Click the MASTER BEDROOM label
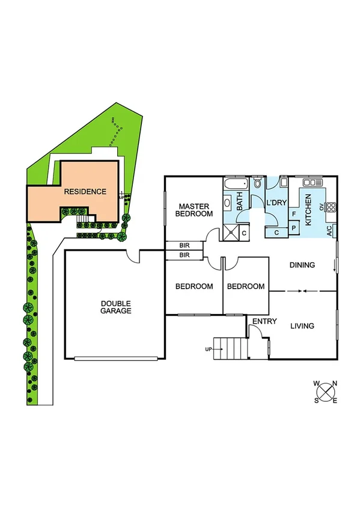coord(194,210)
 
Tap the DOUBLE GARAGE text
coord(116,307)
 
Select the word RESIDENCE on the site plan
coord(87,192)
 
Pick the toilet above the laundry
coord(257,183)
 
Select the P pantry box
coord(294,227)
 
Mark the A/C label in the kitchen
coord(329,229)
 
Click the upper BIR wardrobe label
coord(184,245)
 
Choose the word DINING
coord(302,265)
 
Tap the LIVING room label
coord(302,326)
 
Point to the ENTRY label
coord(264,322)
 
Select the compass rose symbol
coord(325,392)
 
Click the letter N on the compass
coord(335,384)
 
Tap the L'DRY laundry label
coord(276,203)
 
